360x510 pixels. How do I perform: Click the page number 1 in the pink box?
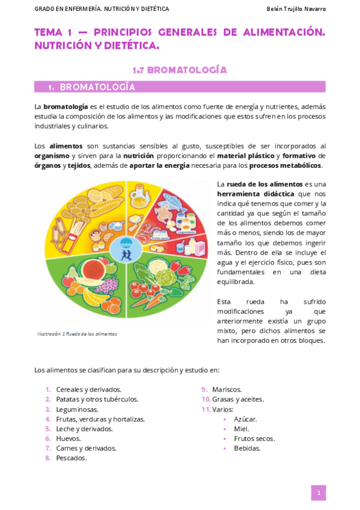(318, 493)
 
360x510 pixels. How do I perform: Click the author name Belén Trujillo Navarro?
(296, 9)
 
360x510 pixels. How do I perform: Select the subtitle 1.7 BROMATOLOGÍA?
(180, 70)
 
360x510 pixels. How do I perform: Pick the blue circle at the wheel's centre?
(126, 247)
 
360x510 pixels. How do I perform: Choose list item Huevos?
(68, 438)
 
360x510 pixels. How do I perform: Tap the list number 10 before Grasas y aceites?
(206, 399)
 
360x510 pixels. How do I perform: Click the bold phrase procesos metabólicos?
(285, 166)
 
